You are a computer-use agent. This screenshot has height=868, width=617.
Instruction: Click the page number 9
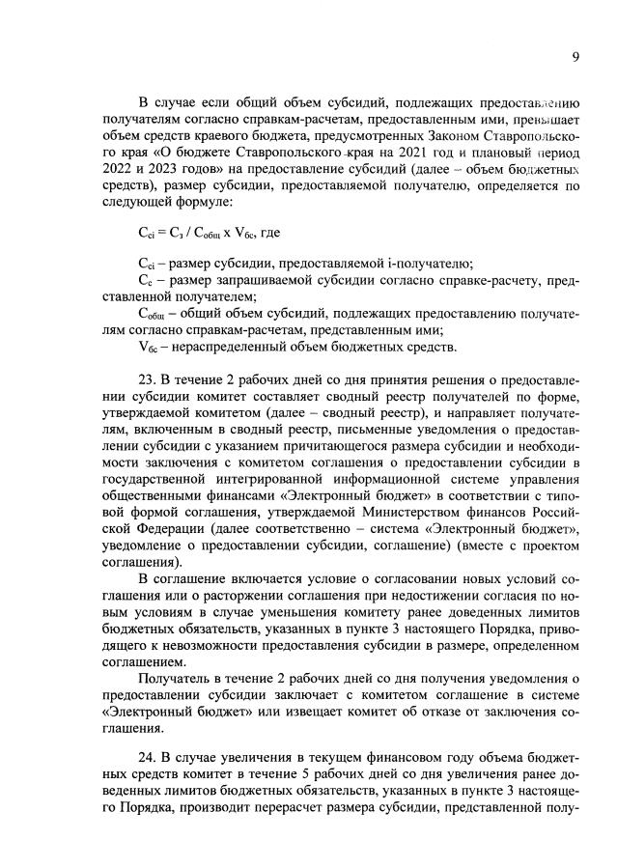[x=575, y=57]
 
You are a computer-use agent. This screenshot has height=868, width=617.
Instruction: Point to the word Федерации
[x=169, y=529]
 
